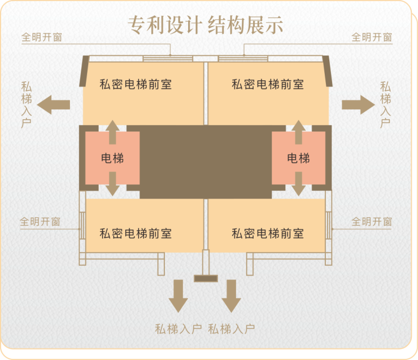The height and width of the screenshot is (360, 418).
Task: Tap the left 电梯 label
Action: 112,158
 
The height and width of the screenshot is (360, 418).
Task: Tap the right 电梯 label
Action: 298,158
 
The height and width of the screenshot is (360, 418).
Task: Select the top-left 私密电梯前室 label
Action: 136,85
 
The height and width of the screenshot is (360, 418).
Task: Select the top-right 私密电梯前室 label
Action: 268,85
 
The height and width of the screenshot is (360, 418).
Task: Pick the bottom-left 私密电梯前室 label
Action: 136,233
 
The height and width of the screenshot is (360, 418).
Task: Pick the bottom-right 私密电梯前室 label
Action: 268,233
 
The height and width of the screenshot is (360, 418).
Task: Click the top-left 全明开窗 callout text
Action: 42,38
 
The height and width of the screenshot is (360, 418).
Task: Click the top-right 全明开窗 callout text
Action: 372,38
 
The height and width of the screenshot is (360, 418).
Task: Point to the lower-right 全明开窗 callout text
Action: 372,222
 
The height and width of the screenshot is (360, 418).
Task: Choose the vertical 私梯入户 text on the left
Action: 26,105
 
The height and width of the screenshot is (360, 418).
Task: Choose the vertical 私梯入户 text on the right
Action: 385,105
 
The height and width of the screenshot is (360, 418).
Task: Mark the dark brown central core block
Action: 206,161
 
